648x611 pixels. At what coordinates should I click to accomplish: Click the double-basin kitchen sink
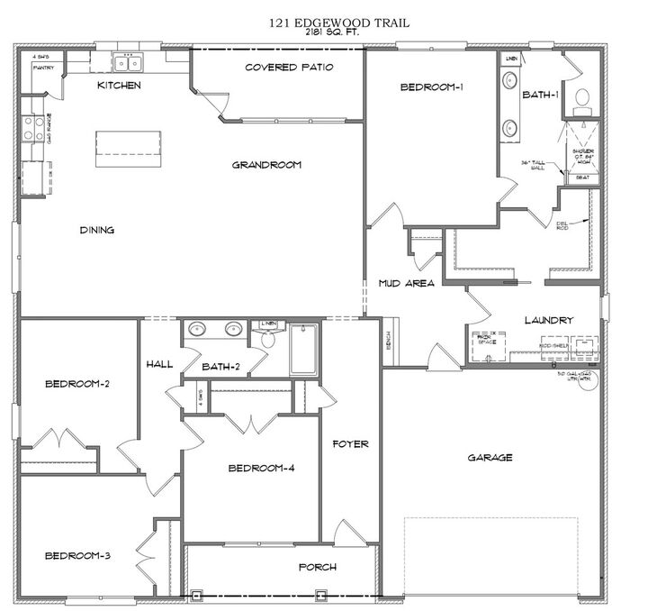(x=127, y=61)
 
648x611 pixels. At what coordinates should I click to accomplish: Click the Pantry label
(x=41, y=68)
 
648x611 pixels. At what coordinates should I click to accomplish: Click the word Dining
(x=96, y=230)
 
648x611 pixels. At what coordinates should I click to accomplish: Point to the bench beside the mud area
(x=388, y=341)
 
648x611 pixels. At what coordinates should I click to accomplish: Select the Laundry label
(x=548, y=320)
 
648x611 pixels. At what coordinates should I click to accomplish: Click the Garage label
(x=490, y=458)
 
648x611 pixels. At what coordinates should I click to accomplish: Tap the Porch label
(x=318, y=567)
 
